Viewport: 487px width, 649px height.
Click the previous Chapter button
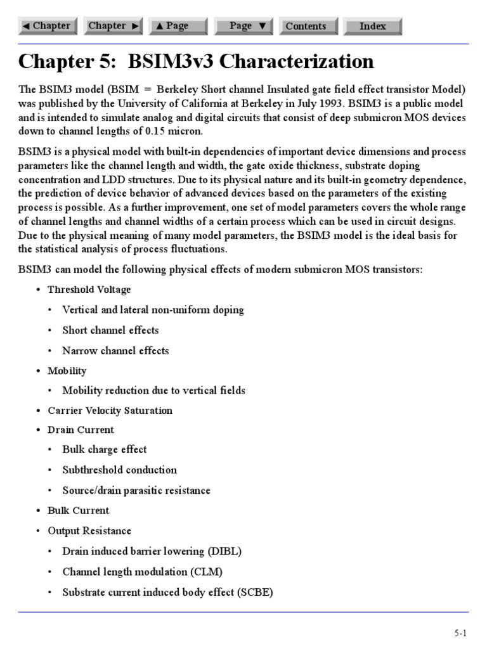pos(46,26)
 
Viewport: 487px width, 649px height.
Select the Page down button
pos(243,26)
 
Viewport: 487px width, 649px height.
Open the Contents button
pos(306,26)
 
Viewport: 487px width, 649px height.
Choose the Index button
pos(373,26)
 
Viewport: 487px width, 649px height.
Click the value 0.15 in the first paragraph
pos(170,131)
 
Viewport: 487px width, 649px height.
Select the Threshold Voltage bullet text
pos(89,290)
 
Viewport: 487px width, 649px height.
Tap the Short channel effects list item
pos(110,330)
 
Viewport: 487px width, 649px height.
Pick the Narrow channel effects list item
pos(115,350)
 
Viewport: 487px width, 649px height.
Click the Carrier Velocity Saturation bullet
pos(110,410)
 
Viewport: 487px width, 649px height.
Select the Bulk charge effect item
pos(104,449)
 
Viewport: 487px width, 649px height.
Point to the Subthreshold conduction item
pos(119,470)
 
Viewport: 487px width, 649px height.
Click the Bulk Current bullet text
pos(78,510)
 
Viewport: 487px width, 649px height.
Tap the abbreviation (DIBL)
pos(220,551)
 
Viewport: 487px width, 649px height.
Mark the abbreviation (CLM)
pos(206,572)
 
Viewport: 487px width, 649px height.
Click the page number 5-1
pos(460,633)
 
